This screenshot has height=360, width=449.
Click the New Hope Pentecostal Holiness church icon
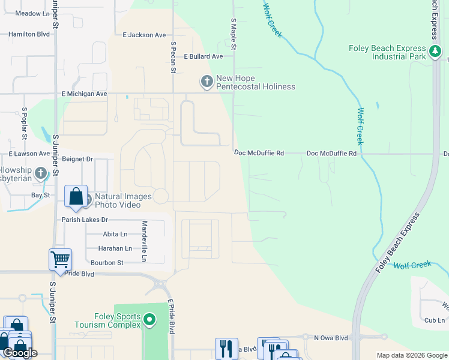point(206,80)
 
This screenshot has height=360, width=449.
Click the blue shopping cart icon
point(61,260)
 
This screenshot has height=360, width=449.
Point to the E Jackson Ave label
point(144,35)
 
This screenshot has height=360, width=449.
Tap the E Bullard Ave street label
point(203,56)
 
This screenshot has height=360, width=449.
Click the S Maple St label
point(234,34)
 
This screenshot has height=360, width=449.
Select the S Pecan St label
point(173,57)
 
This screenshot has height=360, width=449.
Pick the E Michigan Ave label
point(84,94)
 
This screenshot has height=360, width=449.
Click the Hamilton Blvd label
point(29,35)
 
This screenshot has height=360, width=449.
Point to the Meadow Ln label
point(31,13)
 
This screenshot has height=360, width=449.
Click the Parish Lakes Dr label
point(85,220)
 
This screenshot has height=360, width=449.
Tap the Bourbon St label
point(107,263)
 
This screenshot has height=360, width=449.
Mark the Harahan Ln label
point(110,248)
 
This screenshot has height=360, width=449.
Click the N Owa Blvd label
point(331,338)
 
